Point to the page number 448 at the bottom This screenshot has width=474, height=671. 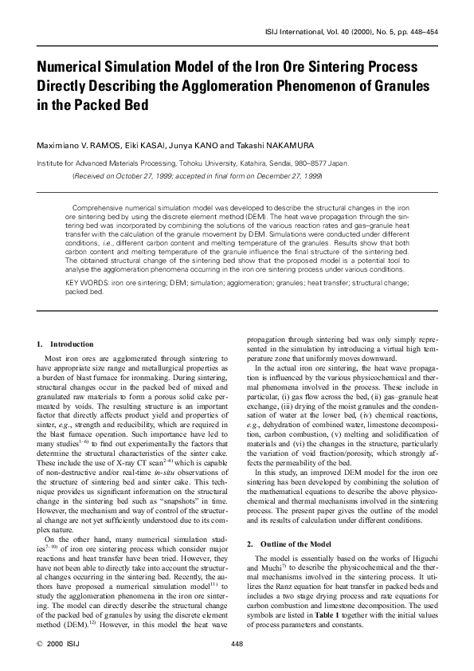(237, 643)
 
